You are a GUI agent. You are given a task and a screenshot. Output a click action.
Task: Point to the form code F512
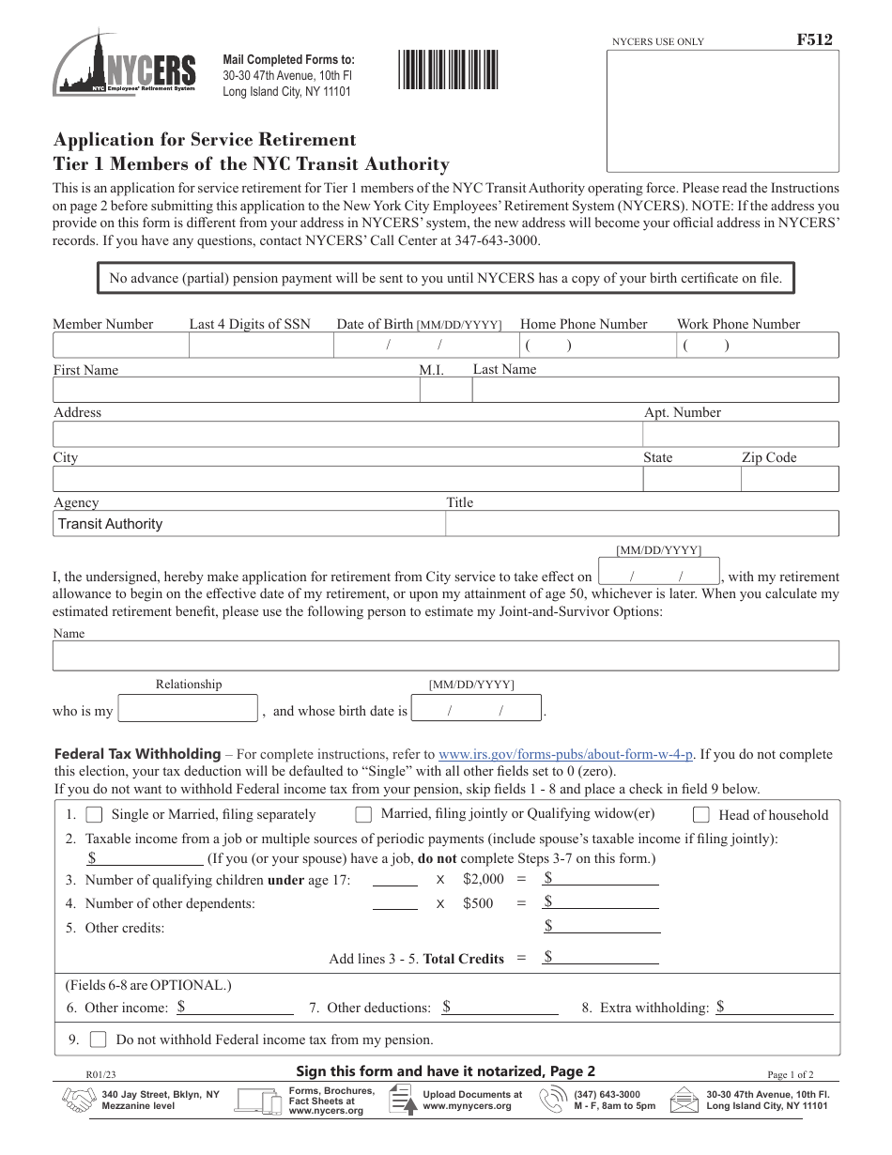click(813, 39)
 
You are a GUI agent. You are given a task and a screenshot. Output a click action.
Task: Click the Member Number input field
click(120, 346)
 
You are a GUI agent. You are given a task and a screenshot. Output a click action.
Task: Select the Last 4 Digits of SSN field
click(261, 346)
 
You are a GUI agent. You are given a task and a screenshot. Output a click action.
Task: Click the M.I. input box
click(444, 391)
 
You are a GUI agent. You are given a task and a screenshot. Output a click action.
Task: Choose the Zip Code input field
click(789, 479)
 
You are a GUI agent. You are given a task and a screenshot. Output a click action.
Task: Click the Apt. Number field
click(740, 434)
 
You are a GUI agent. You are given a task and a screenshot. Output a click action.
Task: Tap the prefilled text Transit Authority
click(111, 524)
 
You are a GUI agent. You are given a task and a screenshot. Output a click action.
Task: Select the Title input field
click(641, 524)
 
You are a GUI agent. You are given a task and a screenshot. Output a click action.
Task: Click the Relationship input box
click(188, 709)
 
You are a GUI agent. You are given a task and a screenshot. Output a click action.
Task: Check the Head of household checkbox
click(701, 814)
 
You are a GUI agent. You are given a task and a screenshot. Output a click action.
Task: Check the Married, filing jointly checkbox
click(363, 814)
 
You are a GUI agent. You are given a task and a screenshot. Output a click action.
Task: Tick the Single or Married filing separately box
click(94, 814)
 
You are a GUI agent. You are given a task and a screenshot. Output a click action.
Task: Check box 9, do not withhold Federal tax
click(98, 1039)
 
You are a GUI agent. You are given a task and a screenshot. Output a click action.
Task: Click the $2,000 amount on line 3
click(484, 880)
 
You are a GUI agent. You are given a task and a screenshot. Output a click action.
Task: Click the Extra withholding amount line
click(775, 1009)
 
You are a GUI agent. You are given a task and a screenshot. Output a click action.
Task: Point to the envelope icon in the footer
click(684, 1100)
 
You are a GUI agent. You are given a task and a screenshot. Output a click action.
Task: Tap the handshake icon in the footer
click(77, 1100)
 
